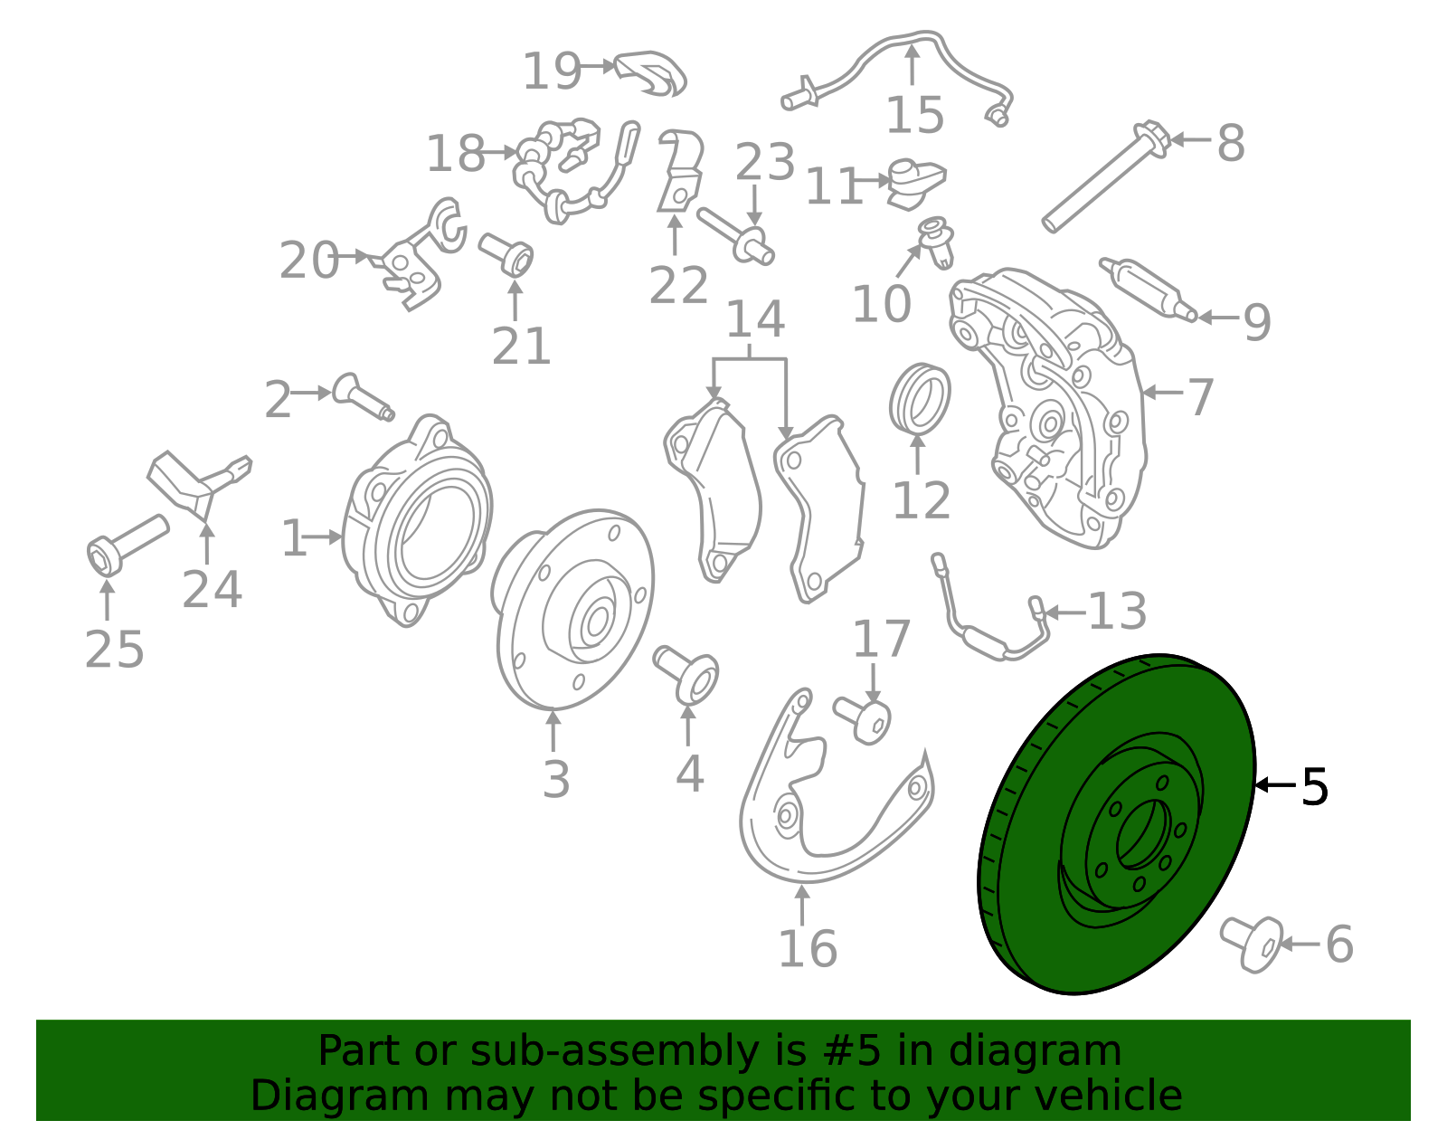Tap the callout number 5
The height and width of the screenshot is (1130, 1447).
1314,787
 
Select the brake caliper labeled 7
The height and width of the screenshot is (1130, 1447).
1049,410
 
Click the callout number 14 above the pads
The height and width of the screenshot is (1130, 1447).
755,319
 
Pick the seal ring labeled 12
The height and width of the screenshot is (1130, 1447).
920,397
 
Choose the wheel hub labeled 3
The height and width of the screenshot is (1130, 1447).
572,609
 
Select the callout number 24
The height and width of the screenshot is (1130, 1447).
212,590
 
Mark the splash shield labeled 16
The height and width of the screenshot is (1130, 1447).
836,785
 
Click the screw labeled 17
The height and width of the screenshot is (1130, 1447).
863,719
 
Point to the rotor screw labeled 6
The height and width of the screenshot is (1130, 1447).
1252,945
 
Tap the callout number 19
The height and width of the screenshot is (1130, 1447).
552,71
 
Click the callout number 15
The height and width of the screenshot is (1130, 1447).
915,115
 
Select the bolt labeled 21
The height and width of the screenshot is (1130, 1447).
506,254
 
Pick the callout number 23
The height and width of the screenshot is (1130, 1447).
765,162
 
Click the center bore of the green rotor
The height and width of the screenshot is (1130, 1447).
1143,834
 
